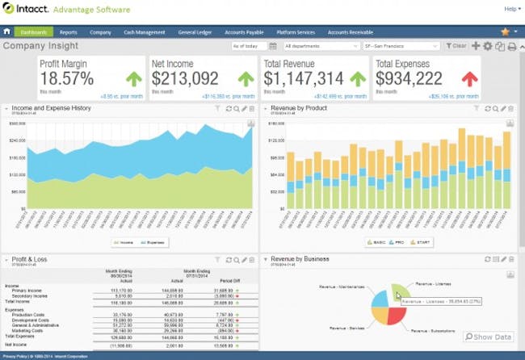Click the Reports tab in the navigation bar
(x=68, y=32)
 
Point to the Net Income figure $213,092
(x=185, y=79)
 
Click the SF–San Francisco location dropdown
(x=401, y=46)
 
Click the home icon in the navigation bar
(x=7, y=32)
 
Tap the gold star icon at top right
(x=505, y=31)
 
